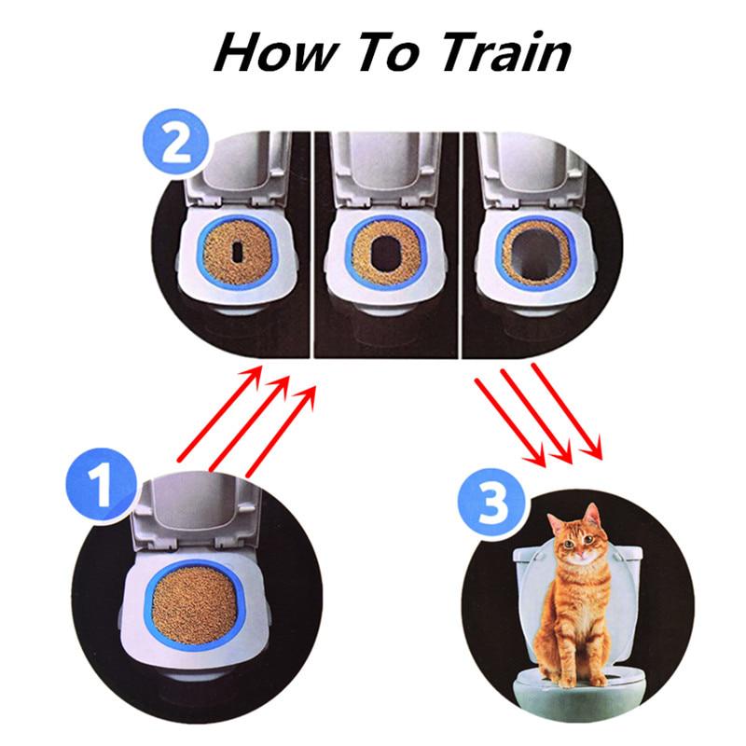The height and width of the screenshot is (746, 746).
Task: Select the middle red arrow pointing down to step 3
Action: coord(536,415)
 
